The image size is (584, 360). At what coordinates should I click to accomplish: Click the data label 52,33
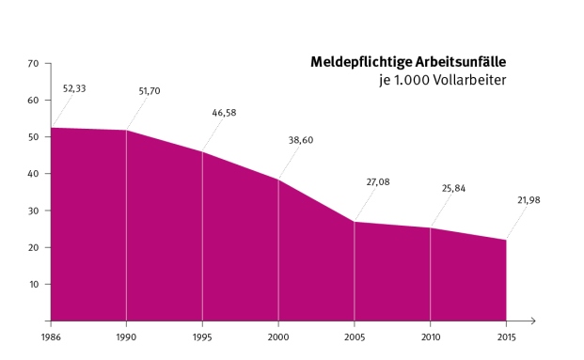[73, 88]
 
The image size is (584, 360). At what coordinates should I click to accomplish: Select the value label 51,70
[149, 91]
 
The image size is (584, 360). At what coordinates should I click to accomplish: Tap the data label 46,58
[225, 113]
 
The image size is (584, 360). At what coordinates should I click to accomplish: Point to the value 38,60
[301, 139]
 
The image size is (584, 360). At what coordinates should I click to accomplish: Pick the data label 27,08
[377, 181]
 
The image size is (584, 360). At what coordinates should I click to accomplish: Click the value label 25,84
[453, 188]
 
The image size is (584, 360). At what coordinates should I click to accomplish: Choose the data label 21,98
[528, 200]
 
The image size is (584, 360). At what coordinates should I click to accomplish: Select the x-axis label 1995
[202, 335]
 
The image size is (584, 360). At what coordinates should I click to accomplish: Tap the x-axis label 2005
[355, 335]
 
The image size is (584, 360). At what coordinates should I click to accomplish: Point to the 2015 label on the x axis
[507, 335]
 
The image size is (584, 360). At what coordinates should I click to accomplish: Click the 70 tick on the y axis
[33, 64]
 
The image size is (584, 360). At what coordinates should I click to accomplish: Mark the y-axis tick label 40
[33, 174]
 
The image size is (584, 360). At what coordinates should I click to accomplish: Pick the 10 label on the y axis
[33, 284]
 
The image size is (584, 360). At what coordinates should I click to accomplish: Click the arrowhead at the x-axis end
[531, 321]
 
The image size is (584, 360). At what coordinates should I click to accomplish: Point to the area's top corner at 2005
[355, 222]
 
